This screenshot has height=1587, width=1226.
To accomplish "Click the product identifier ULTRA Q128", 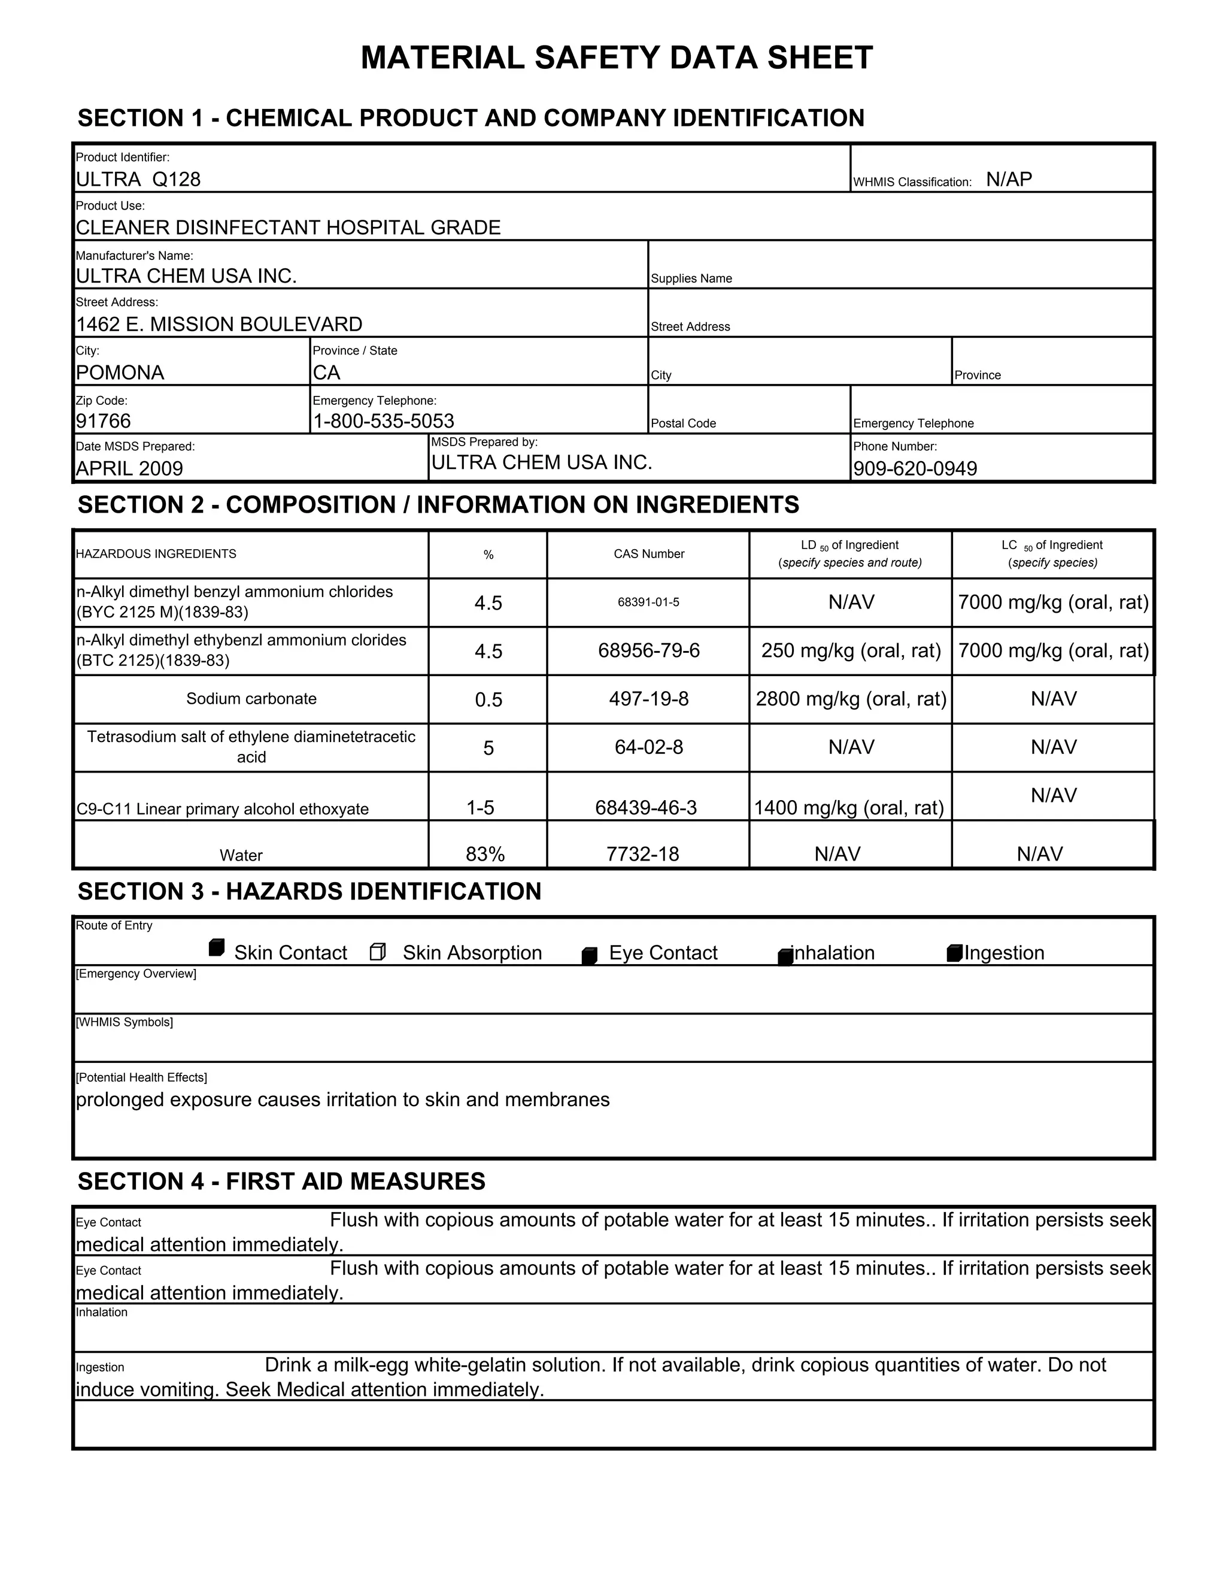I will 138,180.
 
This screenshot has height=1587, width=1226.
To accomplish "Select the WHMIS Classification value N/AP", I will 1008,180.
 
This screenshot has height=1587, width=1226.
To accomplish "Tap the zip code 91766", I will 103,422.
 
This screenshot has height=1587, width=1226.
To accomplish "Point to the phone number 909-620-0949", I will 915,469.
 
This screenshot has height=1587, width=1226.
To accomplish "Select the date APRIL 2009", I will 129,469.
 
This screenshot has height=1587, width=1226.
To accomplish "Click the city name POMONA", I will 120,372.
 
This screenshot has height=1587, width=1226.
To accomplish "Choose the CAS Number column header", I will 648,555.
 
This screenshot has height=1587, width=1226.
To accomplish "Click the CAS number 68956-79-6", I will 648,650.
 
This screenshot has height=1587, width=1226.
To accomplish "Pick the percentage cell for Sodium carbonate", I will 488,699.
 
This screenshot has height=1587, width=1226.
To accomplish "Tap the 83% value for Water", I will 485,855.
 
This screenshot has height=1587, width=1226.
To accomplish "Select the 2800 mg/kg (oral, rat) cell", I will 851,699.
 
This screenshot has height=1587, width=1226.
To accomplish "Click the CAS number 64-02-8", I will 648,748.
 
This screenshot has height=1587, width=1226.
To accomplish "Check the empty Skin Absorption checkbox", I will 378,952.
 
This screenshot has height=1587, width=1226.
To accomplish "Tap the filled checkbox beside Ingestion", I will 954,953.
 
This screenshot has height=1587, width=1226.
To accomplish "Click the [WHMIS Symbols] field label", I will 124,1022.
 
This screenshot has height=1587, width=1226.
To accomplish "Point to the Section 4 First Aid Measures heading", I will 281,1182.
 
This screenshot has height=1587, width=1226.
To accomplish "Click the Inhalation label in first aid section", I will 102,1312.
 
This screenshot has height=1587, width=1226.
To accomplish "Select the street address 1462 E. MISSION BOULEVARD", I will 219,324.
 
